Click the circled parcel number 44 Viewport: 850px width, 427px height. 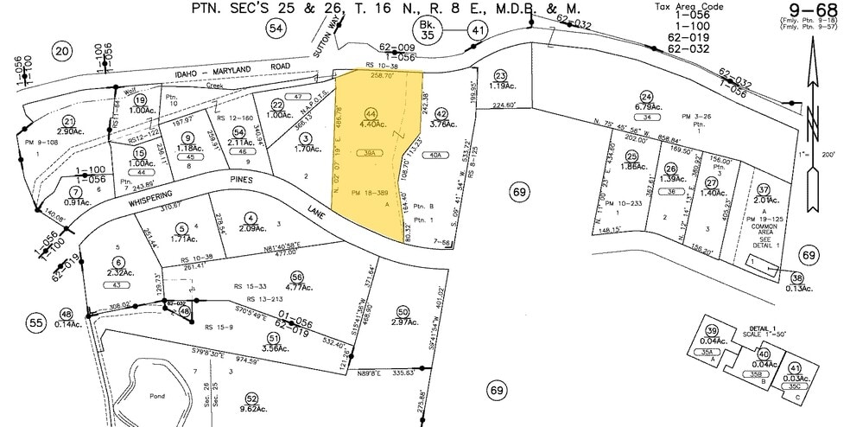371,113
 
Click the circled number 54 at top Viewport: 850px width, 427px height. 276,29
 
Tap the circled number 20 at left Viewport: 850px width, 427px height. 60,51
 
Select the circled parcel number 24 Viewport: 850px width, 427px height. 645,96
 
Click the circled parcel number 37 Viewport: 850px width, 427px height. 763,189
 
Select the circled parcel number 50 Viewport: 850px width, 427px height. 403,311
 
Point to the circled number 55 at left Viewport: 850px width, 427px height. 36,322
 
